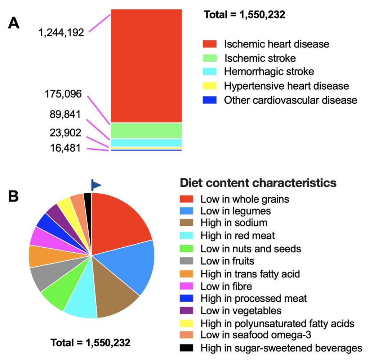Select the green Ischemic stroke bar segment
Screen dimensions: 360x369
pos(146,131)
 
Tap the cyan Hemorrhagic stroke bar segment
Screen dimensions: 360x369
pos(146,143)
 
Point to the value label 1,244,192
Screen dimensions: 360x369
pos(61,33)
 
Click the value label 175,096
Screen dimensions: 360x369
pos(63,94)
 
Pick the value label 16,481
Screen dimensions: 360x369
pos(66,148)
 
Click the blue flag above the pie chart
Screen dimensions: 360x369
pos(95,185)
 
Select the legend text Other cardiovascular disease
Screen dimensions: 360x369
pos(290,100)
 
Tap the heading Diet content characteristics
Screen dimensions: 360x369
pos(258,183)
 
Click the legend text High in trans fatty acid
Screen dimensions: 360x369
pos(250,274)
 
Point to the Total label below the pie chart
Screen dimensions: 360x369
pos(90,342)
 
